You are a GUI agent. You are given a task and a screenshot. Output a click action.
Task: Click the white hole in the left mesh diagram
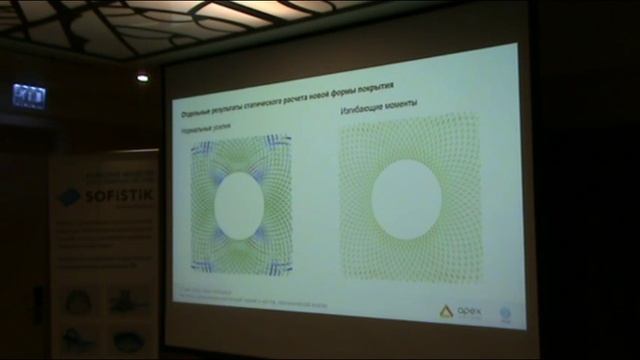239,205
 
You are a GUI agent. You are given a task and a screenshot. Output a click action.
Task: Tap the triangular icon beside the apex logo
447,311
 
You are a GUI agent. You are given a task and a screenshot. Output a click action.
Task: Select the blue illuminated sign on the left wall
28,96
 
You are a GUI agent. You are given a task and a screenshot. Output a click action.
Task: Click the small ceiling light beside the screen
142,76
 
